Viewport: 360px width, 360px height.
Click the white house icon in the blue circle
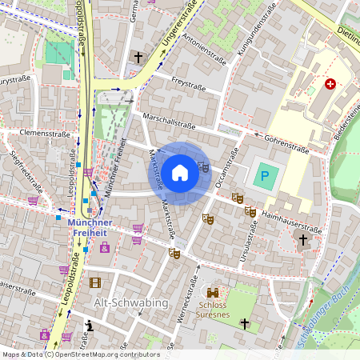tap(180, 173)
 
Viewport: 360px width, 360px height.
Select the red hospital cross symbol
tap(330, 84)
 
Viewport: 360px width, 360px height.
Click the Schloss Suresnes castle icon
tap(214, 294)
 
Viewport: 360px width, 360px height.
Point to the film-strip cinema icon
tap(95, 282)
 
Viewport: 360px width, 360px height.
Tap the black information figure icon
tap(90, 326)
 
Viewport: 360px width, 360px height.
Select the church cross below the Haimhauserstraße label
tap(302, 239)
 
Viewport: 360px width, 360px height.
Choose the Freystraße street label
tap(190, 82)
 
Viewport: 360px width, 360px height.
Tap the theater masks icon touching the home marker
tap(203, 167)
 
